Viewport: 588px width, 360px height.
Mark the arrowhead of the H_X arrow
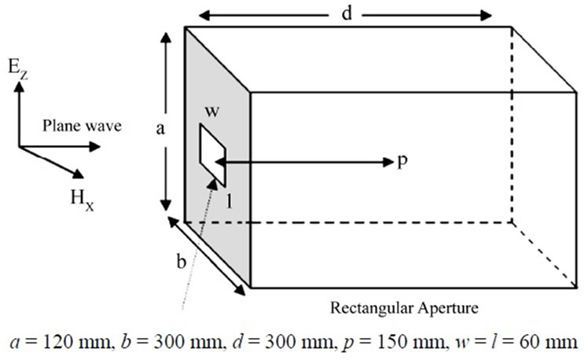coord(79,174)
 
